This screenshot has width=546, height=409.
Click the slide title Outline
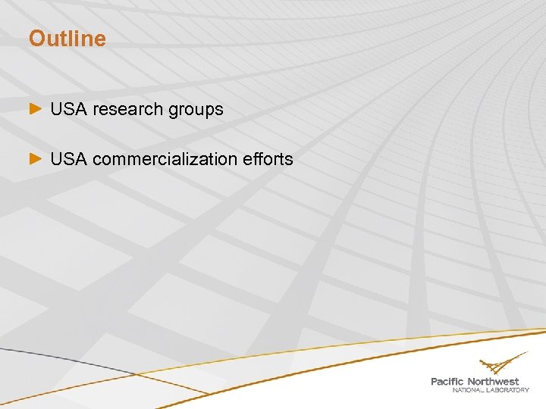coord(67,39)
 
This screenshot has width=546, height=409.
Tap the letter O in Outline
coord(37,39)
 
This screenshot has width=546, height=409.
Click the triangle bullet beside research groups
coord(35,110)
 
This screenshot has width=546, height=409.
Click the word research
coord(127,109)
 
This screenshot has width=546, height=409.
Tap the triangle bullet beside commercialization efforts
coord(35,159)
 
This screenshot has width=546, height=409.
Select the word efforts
coord(268,159)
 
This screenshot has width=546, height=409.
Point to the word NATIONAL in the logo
coord(470,390)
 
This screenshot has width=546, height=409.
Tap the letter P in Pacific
coord(435,381)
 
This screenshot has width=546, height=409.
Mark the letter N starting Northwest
coord(472,381)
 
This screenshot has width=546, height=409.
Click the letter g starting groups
coord(173,111)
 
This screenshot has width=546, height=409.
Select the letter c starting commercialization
coord(98,160)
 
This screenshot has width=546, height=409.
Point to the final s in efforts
coord(289,160)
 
